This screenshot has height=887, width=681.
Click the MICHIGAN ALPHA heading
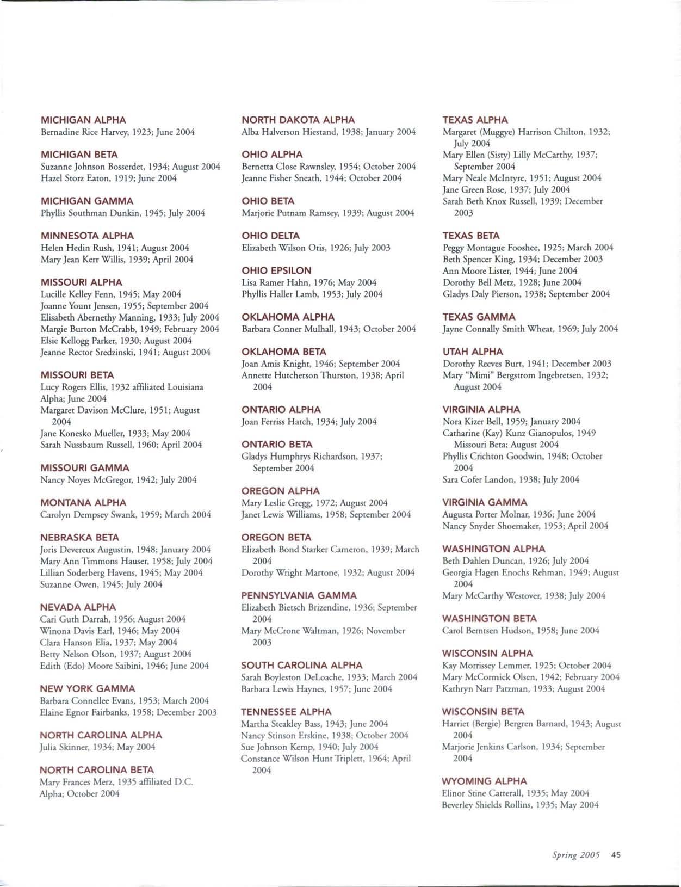click(83, 120)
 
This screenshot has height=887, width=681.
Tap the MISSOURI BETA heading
click(77, 375)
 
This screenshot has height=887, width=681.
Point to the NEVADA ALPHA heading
click(78, 607)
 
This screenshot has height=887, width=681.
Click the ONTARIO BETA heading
click(277, 444)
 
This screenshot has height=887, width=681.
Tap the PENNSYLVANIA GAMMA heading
click(299, 595)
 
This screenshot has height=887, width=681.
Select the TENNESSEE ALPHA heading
click(286, 711)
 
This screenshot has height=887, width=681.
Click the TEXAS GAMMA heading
click(478, 317)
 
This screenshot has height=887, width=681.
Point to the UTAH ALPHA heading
click(473, 352)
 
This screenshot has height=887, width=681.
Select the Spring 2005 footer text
click(575, 854)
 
